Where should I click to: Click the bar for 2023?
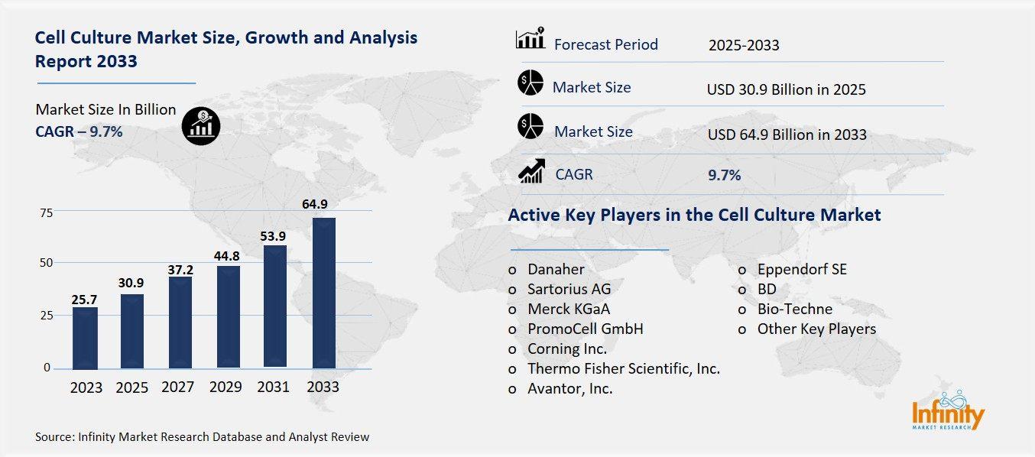(x=86, y=338)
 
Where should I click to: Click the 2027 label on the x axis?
(x=177, y=387)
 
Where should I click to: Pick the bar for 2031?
(x=275, y=306)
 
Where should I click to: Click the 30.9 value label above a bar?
(x=131, y=283)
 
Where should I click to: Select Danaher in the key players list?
(x=556, y=270)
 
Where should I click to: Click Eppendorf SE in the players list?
(x=802, y=270)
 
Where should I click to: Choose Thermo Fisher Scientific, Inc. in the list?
(x=623, y=369)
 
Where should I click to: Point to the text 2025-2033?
(x=744, y=45)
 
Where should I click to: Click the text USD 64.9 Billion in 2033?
(x=787, y=135)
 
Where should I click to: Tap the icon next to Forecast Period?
(x=530, y=38)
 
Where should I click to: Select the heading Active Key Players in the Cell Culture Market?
(x=694, y=216)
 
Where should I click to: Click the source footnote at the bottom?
(x=202, y=437)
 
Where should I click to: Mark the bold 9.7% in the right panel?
(x=724, y=176)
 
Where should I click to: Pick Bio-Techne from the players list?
(x=794, y=310)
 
